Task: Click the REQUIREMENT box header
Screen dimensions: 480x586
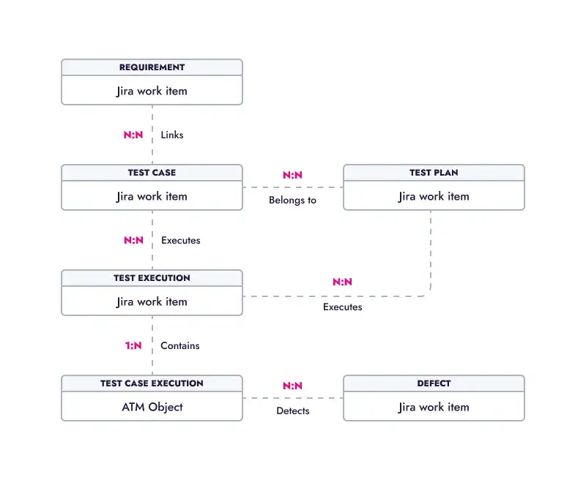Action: coord(152,67)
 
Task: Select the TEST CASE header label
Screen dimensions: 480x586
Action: coord(152,173)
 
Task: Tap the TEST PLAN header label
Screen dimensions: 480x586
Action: coord(434,173)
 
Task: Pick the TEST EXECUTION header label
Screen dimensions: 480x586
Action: coord(152,278)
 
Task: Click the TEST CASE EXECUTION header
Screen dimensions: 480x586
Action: coord(152,383)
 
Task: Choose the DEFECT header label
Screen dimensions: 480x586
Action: coord(434,383)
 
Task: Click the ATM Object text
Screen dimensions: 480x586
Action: coord(152,407)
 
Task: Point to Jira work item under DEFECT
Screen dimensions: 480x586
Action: coord(434,407)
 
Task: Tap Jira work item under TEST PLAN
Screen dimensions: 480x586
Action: coord(434,196)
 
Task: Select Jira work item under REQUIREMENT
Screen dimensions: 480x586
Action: coord(152,91)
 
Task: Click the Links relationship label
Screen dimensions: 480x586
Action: coord(172,135)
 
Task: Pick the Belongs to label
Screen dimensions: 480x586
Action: coord(292,200)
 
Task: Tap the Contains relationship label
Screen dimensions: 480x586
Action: coord(180,345)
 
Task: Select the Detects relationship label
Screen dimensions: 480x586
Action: coord(292,410)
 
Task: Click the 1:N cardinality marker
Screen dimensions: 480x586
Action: coord(133,345)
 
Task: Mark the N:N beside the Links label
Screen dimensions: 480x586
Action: coord(133,135)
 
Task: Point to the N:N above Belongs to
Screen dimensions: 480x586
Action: coord(292,176)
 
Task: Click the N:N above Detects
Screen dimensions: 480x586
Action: coord(292,386)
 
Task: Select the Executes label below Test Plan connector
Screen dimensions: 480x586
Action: coord(342,307)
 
